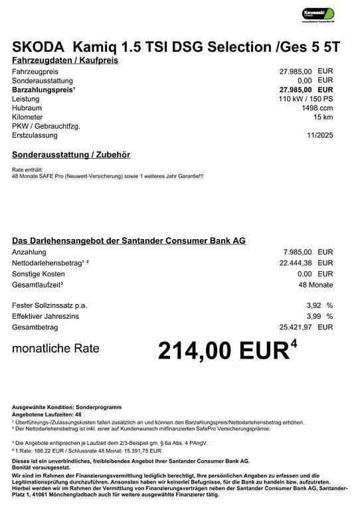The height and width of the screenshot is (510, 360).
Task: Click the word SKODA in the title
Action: pos(37,47)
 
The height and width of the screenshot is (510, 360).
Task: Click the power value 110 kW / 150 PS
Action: pos(306,98)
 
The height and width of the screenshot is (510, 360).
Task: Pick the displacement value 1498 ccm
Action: pos(317,108)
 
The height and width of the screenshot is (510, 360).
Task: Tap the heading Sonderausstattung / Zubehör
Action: pos(71,155)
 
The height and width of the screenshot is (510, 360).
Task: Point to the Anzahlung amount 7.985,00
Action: pos(297,252)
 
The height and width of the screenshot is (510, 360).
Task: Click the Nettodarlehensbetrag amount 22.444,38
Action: pos(295,263)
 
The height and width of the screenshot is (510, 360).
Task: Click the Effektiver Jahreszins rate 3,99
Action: pos(313,316)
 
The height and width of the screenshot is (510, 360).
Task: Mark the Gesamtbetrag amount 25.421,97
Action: pos(295,327)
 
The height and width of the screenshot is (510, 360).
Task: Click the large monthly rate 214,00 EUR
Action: pos(223,351)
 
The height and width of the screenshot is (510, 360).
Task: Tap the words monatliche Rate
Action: pos(56,348)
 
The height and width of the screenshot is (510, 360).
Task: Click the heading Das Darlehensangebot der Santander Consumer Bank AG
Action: pos(129,240)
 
